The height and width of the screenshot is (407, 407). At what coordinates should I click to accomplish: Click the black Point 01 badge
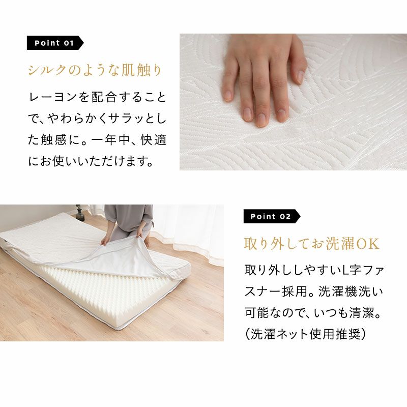coord(55,43)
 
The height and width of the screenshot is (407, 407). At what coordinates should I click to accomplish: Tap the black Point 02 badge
coord(272,216)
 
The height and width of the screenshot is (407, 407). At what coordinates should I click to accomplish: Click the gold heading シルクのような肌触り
coord(95,70)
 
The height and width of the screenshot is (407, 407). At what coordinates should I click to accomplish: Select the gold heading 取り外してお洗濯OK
coord(311,244)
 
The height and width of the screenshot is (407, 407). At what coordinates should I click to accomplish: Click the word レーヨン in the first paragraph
coord(53,98)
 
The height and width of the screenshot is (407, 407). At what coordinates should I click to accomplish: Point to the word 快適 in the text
coord(154,140)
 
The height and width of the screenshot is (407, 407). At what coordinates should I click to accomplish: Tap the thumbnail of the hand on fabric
coord(294,102)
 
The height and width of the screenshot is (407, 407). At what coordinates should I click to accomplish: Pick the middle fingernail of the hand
coord(261,119)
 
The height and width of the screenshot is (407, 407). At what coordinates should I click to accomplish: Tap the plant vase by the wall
coord(79,213)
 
